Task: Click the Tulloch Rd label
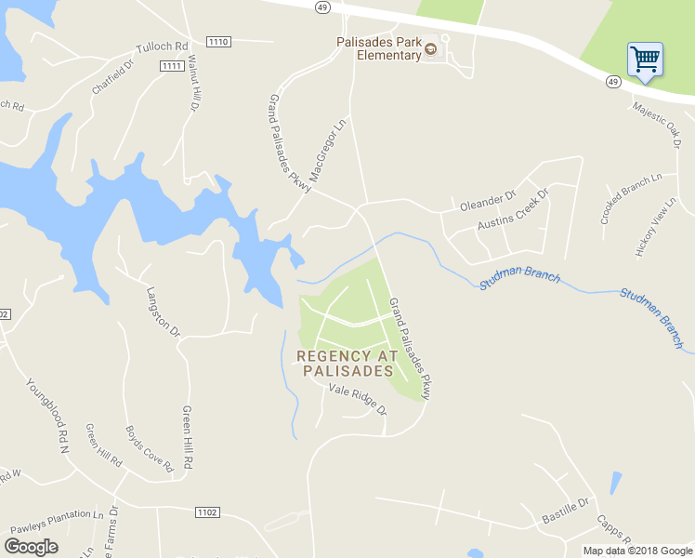pyautogui.click(x=162, y=46)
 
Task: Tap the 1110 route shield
pyautogui.click(x=218, y=42)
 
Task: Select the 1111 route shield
pyautogui.click(x=171, y=65)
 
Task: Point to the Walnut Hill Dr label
pyautogui.click(x=194, y=84)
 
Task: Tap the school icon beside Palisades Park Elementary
pyautogui.click(x=430, y=49)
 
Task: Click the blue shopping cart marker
pyautogui.click(x=645, y=60)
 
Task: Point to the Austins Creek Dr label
pyautogui.click(x=513, y=211)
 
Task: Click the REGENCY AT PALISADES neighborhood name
pyautogui.click(x=347, y=363)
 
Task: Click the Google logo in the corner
pyautogui.click(x=31, y=547)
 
